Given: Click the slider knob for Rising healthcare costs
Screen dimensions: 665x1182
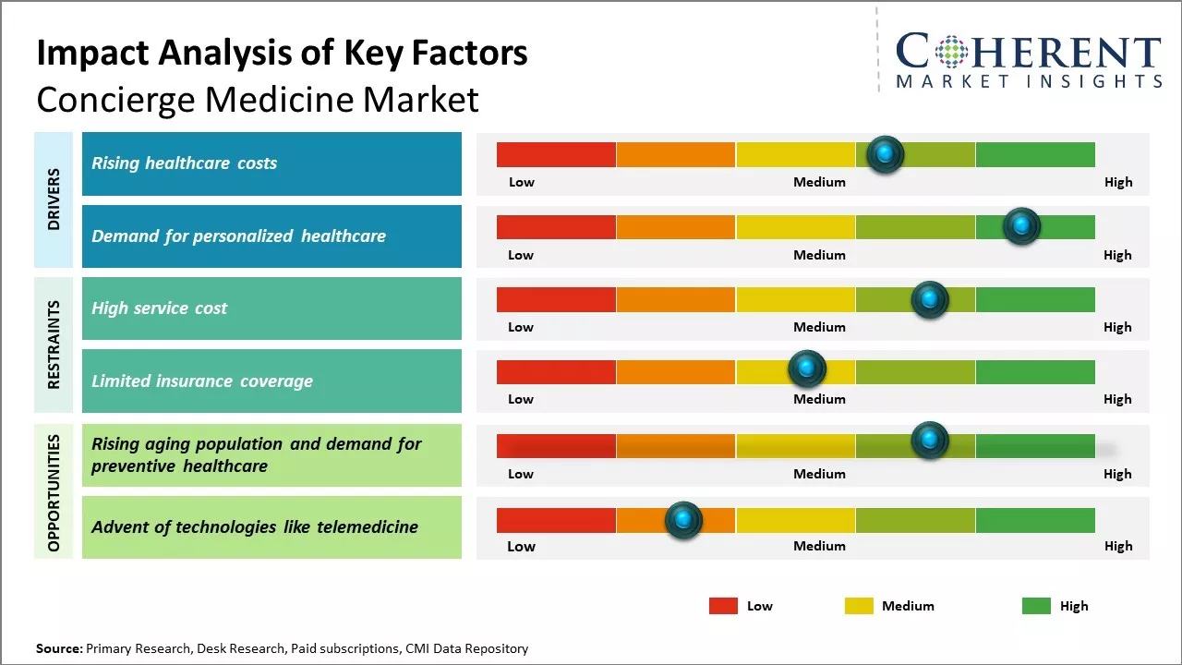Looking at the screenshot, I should click(886, 154).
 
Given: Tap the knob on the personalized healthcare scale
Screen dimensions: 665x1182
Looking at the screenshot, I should click(1021, 226).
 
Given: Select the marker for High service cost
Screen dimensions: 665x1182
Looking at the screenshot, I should click(930, 299).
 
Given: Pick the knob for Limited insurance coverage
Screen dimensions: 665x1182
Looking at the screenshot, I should click(807, 369).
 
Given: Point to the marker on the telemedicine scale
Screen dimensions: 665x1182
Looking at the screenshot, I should click(683, 520).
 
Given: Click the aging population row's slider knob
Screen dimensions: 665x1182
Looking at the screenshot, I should click(930, 441).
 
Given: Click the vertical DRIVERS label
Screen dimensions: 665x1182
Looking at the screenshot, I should click(54, 199).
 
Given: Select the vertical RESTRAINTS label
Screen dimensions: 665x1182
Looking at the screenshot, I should click(54, 345).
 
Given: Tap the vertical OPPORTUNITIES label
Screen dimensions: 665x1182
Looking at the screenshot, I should click(54, 492).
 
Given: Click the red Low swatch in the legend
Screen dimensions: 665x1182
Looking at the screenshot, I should click(723, 606).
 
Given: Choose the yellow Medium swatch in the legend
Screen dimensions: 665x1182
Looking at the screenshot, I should click(859, 606).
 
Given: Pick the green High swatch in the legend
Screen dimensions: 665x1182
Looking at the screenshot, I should click(1036, 606).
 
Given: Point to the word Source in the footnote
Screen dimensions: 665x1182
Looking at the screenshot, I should click(59, 648).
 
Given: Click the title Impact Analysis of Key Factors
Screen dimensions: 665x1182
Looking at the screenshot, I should click(282, 53).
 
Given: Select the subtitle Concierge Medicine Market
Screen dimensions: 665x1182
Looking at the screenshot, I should click(258, 99).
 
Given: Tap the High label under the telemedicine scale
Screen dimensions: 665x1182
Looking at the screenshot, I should click(1118, 546).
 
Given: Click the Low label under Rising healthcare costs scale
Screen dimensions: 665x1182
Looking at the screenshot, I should click(522, 182).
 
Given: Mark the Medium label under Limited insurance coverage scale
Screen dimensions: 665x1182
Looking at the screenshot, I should click(819, 399).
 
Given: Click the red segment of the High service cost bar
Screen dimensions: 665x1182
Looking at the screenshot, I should click(556, 299).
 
